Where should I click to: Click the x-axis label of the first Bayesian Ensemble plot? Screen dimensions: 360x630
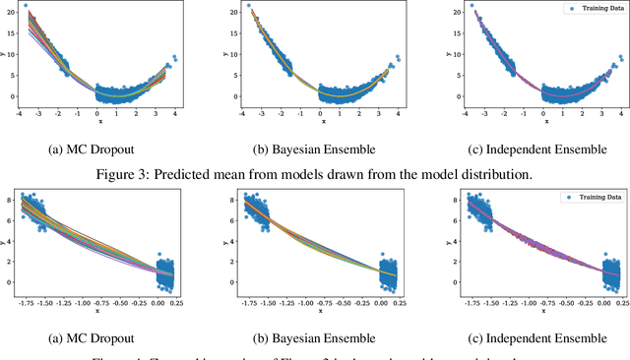314,122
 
